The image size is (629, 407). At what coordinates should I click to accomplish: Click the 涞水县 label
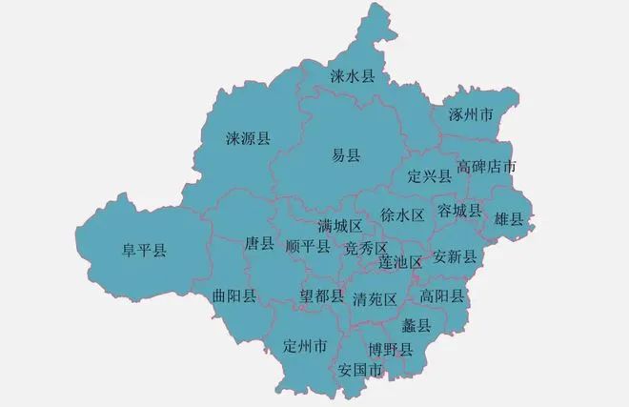(x=354, y=75)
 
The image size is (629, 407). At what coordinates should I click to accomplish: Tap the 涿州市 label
(x=470, y=115)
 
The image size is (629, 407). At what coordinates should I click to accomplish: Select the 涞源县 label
(x=248, y=138)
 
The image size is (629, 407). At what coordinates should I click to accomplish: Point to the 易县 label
(x=345, y=155)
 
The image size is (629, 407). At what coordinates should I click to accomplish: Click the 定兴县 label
(x=429, y=175)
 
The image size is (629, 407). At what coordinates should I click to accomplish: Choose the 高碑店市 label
(x=486, y=167)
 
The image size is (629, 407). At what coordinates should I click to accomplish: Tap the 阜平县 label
(x=143, y=251)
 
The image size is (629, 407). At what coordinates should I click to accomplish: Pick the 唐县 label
(x=259, y=243)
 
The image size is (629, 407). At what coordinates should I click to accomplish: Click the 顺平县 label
(x=308, y=247)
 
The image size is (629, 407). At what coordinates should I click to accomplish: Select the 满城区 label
(x=339, y=226)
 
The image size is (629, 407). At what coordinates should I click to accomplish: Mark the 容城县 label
(x=458, y=210)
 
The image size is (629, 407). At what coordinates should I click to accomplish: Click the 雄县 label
(x=509, y=219)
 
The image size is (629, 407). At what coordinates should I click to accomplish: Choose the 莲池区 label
(x=399, y=260)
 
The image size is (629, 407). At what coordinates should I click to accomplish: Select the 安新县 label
(x=454, y=256)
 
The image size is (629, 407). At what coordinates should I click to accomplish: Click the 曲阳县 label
(x=234, y=295)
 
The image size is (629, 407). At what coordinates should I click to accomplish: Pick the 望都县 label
(x=322, y=296)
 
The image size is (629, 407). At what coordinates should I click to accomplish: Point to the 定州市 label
(x=305, y=345)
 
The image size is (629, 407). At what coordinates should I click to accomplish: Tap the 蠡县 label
(x=417, y=326)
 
